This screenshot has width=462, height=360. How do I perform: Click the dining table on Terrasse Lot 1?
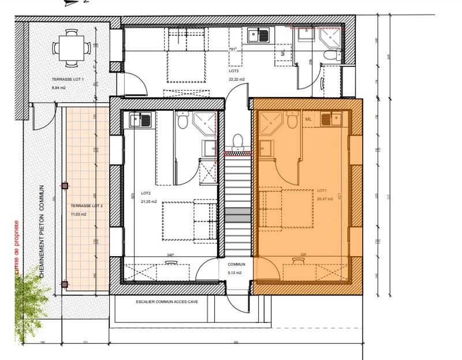(72, 47)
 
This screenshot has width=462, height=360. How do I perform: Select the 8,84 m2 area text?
(59, 87)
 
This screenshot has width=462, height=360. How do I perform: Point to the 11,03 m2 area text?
(78, 214)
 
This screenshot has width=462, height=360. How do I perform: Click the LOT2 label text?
(146, 193)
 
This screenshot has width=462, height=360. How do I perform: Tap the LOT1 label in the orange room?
(322, 190)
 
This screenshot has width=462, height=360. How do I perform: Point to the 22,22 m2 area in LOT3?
(237, 79)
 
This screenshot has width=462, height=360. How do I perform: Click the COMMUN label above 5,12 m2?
(236, 264)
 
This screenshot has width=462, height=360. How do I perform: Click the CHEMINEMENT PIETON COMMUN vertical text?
(42, 231)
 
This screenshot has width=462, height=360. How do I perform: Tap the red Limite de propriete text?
(17, 248)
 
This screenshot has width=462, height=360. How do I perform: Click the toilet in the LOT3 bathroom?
(332, 55)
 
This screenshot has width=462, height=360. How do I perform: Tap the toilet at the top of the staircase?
(237, 140)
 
